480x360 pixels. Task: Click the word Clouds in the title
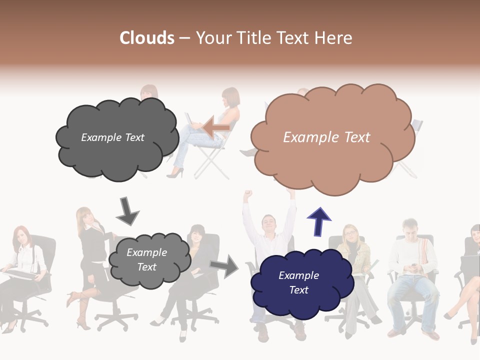(146, 38)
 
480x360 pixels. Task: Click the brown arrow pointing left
(216, 127)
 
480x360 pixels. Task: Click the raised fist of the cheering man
(246, 194)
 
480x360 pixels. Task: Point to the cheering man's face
(269, 223)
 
